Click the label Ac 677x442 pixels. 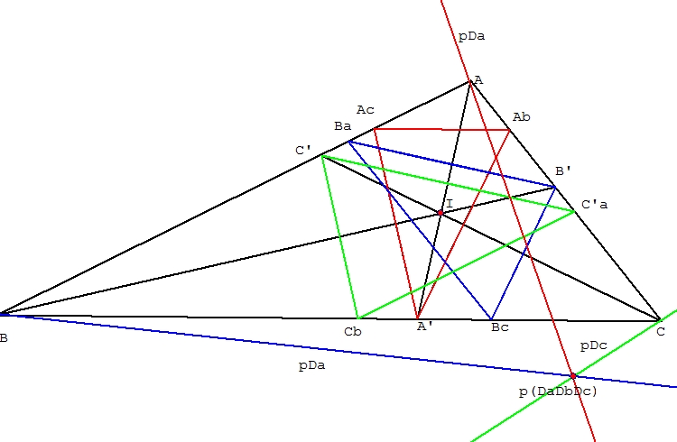click(x=365, y=110)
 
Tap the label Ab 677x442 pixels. click(x=521, y=117)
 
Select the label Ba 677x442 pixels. click(x=342, y=126)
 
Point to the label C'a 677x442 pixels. click(x=594, y=205)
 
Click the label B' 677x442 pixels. click(x=563, y=170)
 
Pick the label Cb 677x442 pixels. click(x=353, y=331)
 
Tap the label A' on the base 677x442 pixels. click(x=425, y=327)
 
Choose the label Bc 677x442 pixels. click(x=499, y=327)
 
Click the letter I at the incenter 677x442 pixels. click(x=450, y=204)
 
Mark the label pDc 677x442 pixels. click(x=593, y=345)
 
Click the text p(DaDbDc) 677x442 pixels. click(x=558, y=391)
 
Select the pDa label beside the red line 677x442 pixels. click(x=471, y=37)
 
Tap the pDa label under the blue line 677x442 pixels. click(x=311, y=365)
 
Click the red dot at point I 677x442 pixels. click(x=441, y=213)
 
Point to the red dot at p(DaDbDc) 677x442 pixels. click(x=572, y=375)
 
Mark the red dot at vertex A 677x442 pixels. click(x=470, y=82)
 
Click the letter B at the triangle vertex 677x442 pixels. click(x=5, y=338)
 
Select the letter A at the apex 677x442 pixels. click(x=478, y=80)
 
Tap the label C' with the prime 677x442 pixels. click(x=303, y=151)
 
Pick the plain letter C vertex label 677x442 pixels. click(x=661, y=332)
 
